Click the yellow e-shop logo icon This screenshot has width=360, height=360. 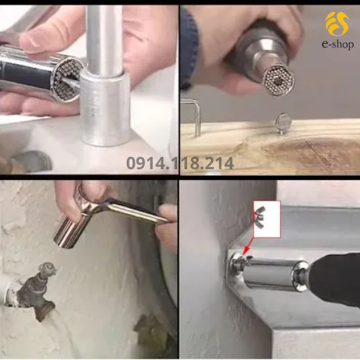coord(337,24)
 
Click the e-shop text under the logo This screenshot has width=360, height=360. coord(338,45)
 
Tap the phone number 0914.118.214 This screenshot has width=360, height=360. coord(180,163)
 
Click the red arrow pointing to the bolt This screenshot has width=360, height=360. coord(248,246)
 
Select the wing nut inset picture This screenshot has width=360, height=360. coord(267,219)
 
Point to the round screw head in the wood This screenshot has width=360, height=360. coord(284,122)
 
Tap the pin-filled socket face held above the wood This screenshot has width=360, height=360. coord(279,81)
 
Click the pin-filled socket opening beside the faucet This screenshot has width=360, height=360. coord(67,80)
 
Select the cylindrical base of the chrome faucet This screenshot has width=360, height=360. coord(105,109)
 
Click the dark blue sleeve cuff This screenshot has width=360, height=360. coord(189,49)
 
